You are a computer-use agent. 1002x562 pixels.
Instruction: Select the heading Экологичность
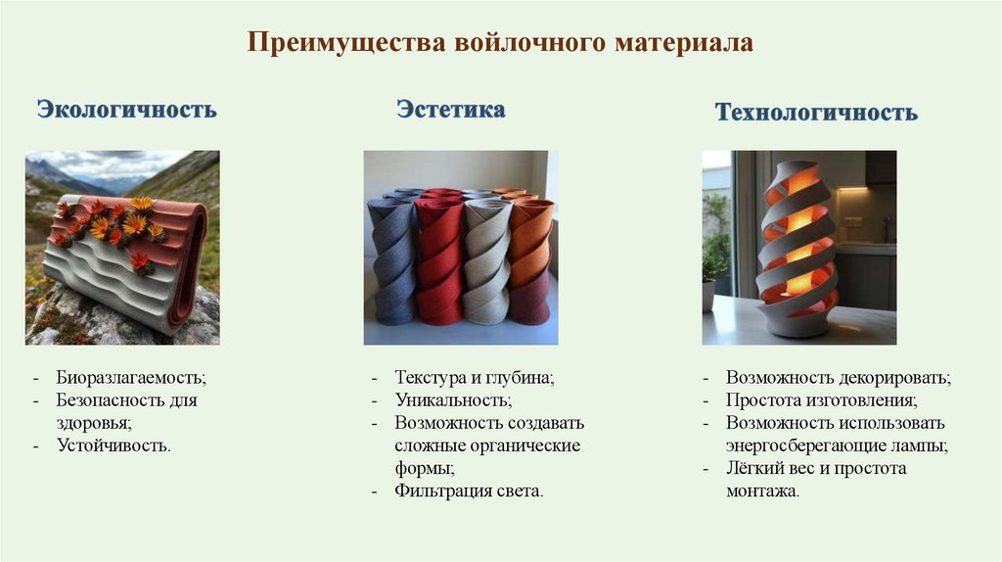126,109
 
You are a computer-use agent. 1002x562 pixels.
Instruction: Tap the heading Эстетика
451,109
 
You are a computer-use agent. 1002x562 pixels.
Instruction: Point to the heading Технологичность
816,113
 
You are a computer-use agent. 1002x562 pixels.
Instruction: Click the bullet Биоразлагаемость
131,377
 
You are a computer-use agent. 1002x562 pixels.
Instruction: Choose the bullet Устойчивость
114,445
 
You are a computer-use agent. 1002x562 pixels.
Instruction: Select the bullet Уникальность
453,399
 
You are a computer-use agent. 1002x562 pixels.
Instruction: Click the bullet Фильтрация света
469,491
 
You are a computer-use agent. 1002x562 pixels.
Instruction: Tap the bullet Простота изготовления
821,400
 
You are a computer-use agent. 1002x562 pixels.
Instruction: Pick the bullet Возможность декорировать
839,377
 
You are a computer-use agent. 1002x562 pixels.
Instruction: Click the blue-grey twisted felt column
392,260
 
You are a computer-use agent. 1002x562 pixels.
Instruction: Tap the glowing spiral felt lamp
798,250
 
